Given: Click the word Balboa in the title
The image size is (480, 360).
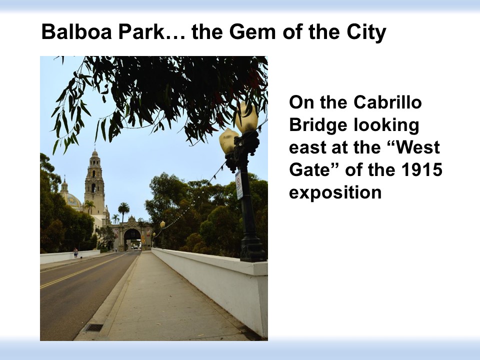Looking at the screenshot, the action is point(76,31).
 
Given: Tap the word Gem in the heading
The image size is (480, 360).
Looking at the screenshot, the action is point(252,31).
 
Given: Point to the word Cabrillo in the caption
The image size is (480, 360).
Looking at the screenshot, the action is point(387,102).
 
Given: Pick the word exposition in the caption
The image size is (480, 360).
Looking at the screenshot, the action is point(335,192).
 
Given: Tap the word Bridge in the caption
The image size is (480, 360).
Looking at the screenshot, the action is point(318,125).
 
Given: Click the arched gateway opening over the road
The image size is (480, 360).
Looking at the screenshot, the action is point(132,239).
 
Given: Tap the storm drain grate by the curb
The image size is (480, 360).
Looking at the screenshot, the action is point(93,328).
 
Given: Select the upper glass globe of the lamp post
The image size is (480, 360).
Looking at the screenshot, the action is point(246,118).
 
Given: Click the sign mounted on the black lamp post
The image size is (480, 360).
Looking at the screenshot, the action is point(239,184).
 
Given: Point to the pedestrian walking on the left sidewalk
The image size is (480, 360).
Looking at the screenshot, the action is point(75,253).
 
